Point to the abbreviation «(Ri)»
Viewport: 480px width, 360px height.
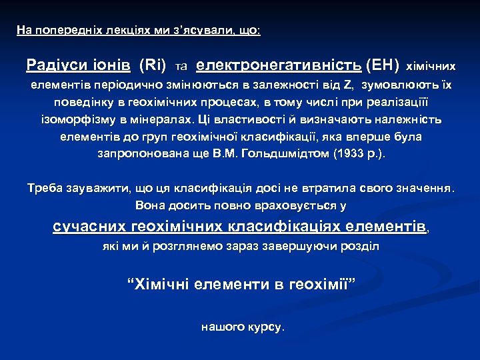[x=153, y=65]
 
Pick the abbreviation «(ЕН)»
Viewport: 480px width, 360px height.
[x=383, y=65]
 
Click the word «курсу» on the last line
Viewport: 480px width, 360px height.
[x=266, y=327]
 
